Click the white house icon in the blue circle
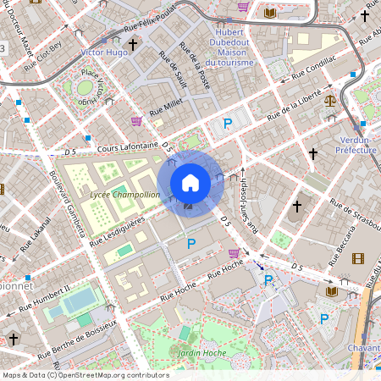(x=190, y=183)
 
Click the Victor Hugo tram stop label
(x=103, y=52)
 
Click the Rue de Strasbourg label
(x=355, y=213)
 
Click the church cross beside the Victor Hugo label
(x=133, y=45)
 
